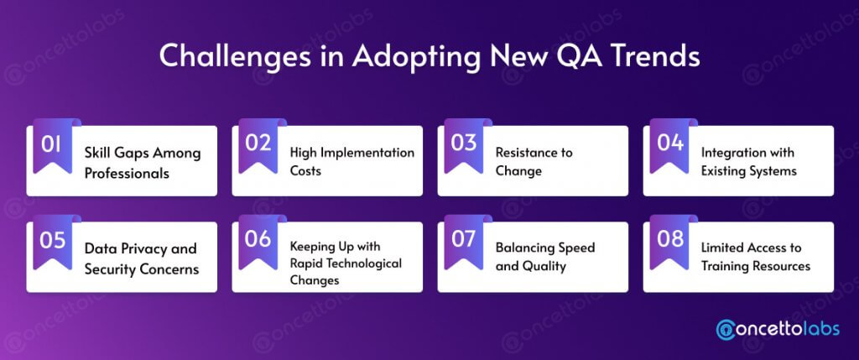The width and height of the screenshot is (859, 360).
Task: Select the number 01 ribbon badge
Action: pyautogui.click(x=53, y=146)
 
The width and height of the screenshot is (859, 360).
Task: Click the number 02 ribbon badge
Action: pyautogui.click(x=258, y=146)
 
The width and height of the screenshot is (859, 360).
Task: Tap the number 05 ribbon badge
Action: pyautogui.click(x=53, y=242)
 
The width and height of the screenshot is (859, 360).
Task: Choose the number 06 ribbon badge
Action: pyautogui.click(x=258, y=242)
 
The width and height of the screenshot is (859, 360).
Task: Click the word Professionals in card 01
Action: pyautogui.click(x=127, y=173)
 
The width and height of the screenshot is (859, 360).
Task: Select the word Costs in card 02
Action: pyautogui.click(x=305, y=171)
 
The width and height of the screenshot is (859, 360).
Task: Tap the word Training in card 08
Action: pyautogui.click(x=726, y=267)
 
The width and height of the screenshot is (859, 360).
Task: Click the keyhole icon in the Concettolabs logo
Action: pyautogui.click(x=726, y=328)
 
